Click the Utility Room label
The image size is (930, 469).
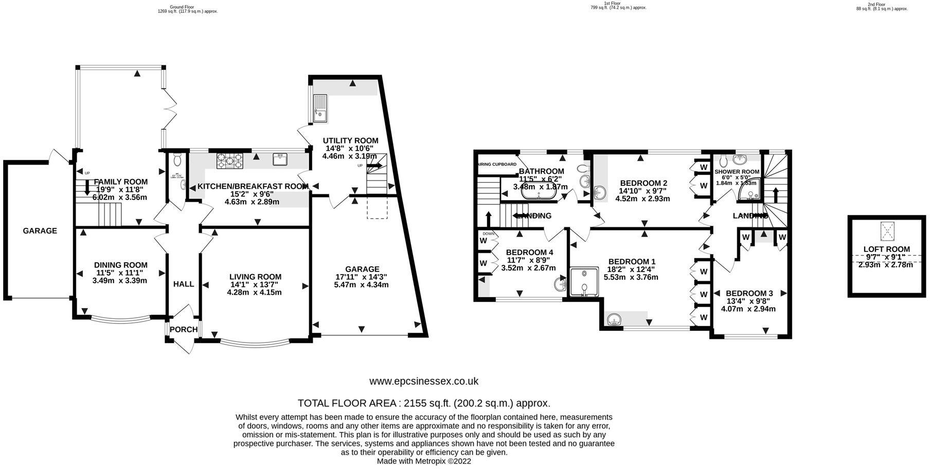(350, 140)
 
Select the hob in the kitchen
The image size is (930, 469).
(229, 161)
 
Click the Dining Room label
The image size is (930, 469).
(121, 265)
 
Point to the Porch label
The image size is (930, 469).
(184, 330)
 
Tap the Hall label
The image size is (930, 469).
(184, 284)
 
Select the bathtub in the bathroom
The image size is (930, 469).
(538, 188)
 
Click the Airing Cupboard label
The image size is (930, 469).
(497, 164)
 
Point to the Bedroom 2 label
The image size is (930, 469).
(643, 183)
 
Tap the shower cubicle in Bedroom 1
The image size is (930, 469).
(585, 282)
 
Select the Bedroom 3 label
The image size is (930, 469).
(749, 294)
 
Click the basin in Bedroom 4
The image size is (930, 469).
(559, 284)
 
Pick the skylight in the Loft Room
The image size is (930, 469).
(886, 231)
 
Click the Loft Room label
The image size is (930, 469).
(886, 249)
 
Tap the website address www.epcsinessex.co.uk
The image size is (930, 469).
(424, 382)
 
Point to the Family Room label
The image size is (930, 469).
(120, 182)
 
